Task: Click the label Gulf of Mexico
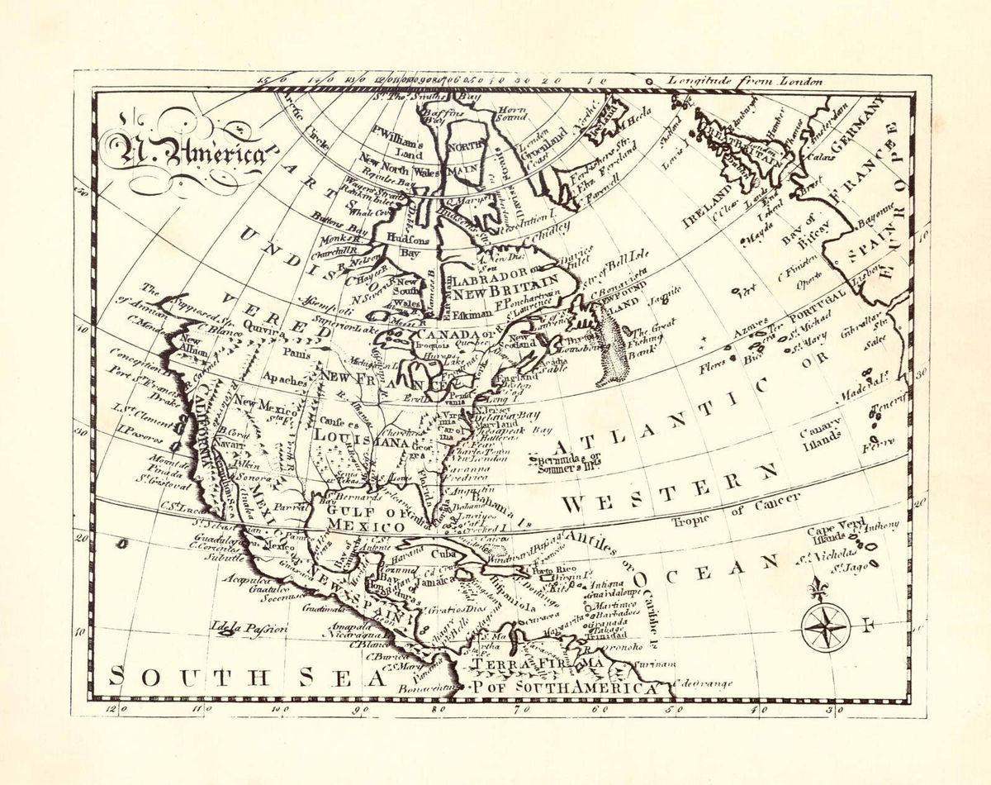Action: pos(364,517)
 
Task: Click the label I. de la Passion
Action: pos(249,629)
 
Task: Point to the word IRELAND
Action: pos(707,207)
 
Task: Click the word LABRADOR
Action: pos(487,275)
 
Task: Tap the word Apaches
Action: pos(285,380)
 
